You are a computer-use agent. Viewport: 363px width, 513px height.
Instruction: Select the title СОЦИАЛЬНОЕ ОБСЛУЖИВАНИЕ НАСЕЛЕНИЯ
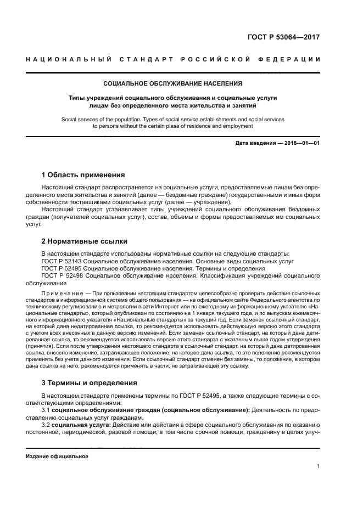(x=173, y=84)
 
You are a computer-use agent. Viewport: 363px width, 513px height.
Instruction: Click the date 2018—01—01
(x=302, y=144)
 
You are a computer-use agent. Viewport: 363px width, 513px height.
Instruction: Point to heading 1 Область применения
(x=83, y=175)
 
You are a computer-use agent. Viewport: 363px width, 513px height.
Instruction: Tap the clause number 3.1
(x=47, y=410)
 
